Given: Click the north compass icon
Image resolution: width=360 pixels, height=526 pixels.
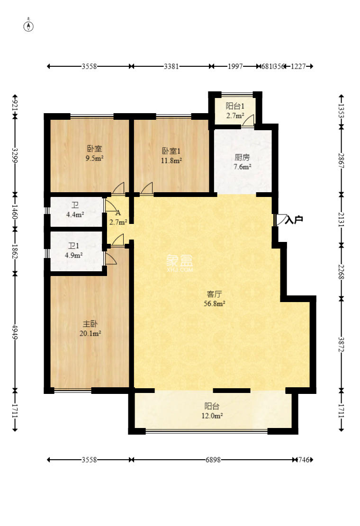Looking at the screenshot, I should (x=29, y=26).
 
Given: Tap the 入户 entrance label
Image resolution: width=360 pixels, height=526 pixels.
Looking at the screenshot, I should (x=294, y=220).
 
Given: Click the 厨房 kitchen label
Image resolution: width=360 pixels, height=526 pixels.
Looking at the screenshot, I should (x=242, y=157).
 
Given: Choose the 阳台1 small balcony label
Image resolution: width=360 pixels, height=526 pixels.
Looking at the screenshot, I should (x=234, y=106).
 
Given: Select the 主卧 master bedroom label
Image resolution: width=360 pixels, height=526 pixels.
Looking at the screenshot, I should (x=90, y=324).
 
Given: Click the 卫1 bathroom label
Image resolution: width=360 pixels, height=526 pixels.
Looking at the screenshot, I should (x=73, y=246).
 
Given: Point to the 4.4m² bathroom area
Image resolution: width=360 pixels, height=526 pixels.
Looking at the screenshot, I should (x=75, y=214).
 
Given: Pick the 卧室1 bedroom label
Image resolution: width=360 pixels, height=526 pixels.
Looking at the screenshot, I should (x=171, y=152).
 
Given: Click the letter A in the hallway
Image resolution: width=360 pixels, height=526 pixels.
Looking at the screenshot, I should (x=117, y=213).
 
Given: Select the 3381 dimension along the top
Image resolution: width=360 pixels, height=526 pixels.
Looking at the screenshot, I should (x=171, y=67).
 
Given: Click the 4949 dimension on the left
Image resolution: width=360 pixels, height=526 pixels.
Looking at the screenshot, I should (x=15, y=331).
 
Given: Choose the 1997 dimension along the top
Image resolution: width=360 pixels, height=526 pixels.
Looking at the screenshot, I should (x=235, y=67).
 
